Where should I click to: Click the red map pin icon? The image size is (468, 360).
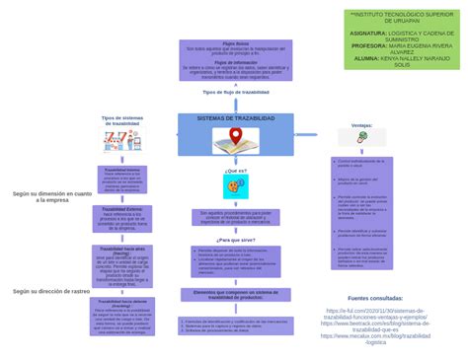coord(235,135)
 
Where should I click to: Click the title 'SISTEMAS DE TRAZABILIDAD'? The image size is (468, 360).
coord(235,118)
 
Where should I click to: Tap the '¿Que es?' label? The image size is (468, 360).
coord(235,171)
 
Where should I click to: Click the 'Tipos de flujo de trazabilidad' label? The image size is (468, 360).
coord(235,92)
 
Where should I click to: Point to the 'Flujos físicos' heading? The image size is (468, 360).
coord(235,43)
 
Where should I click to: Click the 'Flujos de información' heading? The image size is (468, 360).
coord(235,61)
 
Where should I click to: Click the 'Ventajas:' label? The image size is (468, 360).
coord(361,126)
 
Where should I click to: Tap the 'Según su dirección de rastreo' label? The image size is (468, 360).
coord(51,292)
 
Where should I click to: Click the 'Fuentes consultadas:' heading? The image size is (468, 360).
coord(375,297)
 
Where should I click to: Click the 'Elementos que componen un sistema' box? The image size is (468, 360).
coord(235,295)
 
